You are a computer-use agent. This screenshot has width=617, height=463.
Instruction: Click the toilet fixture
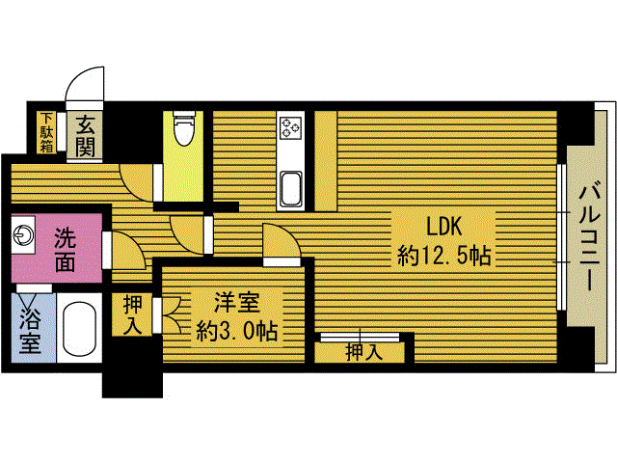pos(184,127)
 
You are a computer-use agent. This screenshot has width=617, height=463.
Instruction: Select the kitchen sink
pos(291,189)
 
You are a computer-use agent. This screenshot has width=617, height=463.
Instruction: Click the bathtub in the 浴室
pos(79,328)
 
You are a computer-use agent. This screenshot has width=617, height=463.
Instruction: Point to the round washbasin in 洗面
pos(23,235)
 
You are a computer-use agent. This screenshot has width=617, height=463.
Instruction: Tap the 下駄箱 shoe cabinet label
pos(47,133)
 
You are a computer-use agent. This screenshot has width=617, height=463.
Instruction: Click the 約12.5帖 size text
pos(444,256)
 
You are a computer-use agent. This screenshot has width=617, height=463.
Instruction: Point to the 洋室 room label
pos(236,302)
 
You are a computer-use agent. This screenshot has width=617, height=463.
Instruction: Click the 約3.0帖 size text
pos(236,331)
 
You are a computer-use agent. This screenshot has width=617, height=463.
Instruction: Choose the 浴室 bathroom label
pos(30,330)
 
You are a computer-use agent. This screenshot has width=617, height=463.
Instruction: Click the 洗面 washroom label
pos(65,250)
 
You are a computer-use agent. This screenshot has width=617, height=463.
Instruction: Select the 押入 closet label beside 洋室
pos(133,315)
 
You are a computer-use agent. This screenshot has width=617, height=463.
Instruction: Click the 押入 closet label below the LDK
pos(364,353)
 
